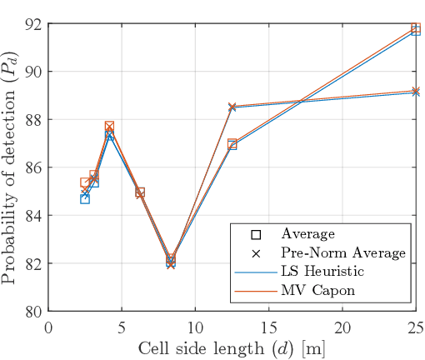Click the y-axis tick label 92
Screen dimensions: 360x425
tap(34, 23)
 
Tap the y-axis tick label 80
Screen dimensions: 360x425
tap(34, 312)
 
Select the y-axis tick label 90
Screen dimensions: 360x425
tap(34, 72)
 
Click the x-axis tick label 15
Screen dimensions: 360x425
tap(269, 325)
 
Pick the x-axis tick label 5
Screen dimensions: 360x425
tap(122, 325)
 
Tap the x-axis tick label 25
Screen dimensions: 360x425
tap(415, 325)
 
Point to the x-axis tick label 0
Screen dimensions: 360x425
tap(49, 325)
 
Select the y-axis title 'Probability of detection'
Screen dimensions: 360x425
tap(11, 167)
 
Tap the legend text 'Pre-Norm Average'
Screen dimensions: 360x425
tap(343, 252)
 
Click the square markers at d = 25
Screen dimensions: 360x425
tap(416, 29)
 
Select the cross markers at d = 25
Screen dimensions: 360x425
tap(416, 92)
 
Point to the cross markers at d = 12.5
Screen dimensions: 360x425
tap(232, 107)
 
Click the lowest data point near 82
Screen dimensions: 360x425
tap(171, 262)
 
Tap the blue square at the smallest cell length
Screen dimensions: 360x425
tap(85, 199)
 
